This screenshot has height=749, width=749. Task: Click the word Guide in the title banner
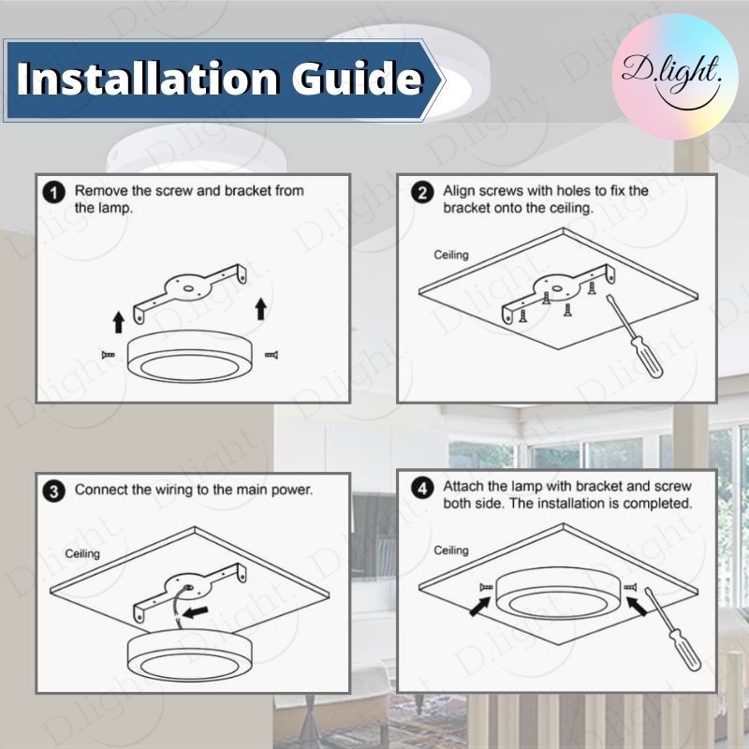click(x=358, y=78)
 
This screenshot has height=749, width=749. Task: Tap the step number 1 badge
click(x=53, y=193)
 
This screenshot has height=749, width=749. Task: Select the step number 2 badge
click(x=422, y=193)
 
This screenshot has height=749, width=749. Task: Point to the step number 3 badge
click(x=53, y=492)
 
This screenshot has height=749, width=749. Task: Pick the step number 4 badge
click(x=422, y=489)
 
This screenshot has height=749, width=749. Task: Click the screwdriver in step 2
click(x=635, y=336)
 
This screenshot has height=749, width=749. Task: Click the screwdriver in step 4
click(x=672, y=628)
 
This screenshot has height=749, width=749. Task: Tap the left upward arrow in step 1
click(x=119, y=321)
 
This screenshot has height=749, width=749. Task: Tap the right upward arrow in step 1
click(x=260, y=309)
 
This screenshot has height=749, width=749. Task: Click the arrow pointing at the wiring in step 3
click(x=196, y=611)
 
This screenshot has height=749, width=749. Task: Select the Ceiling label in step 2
click(x=451, y=255)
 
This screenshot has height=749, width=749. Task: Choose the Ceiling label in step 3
click(x=82, y=553)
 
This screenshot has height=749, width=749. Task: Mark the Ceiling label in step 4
click(x=451, y=551)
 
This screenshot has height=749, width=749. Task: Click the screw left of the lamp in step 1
click(x=109, y=355)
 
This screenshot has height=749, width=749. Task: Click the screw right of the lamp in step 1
click(x=272, y=355)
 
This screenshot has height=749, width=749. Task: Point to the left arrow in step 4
click(x=479, y=606)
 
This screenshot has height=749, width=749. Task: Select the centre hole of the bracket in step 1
click(x=187, y=289)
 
